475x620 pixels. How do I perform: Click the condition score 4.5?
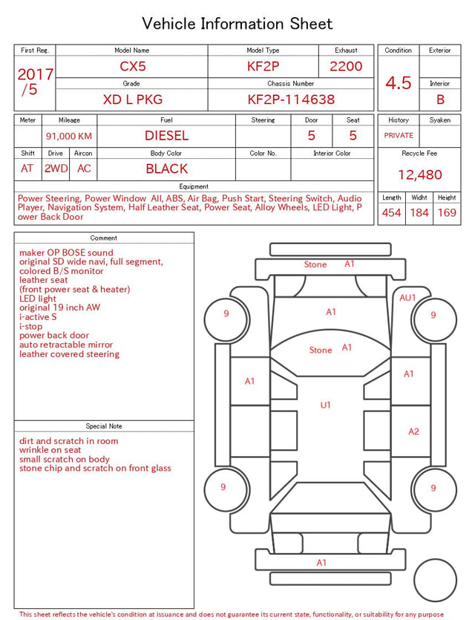(399, 83)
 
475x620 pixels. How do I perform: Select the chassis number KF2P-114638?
(291, 99)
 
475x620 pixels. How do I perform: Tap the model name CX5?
(133, 66)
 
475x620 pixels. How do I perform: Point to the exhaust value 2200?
(346, 66)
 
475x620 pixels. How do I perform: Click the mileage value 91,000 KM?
(69, 137)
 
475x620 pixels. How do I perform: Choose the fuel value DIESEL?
(167, 136)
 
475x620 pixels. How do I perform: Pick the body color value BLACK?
(167, 169)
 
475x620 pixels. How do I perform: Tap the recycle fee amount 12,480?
(419, 174)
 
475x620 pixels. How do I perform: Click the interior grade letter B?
(440, 99)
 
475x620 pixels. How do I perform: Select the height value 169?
(447, 212)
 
